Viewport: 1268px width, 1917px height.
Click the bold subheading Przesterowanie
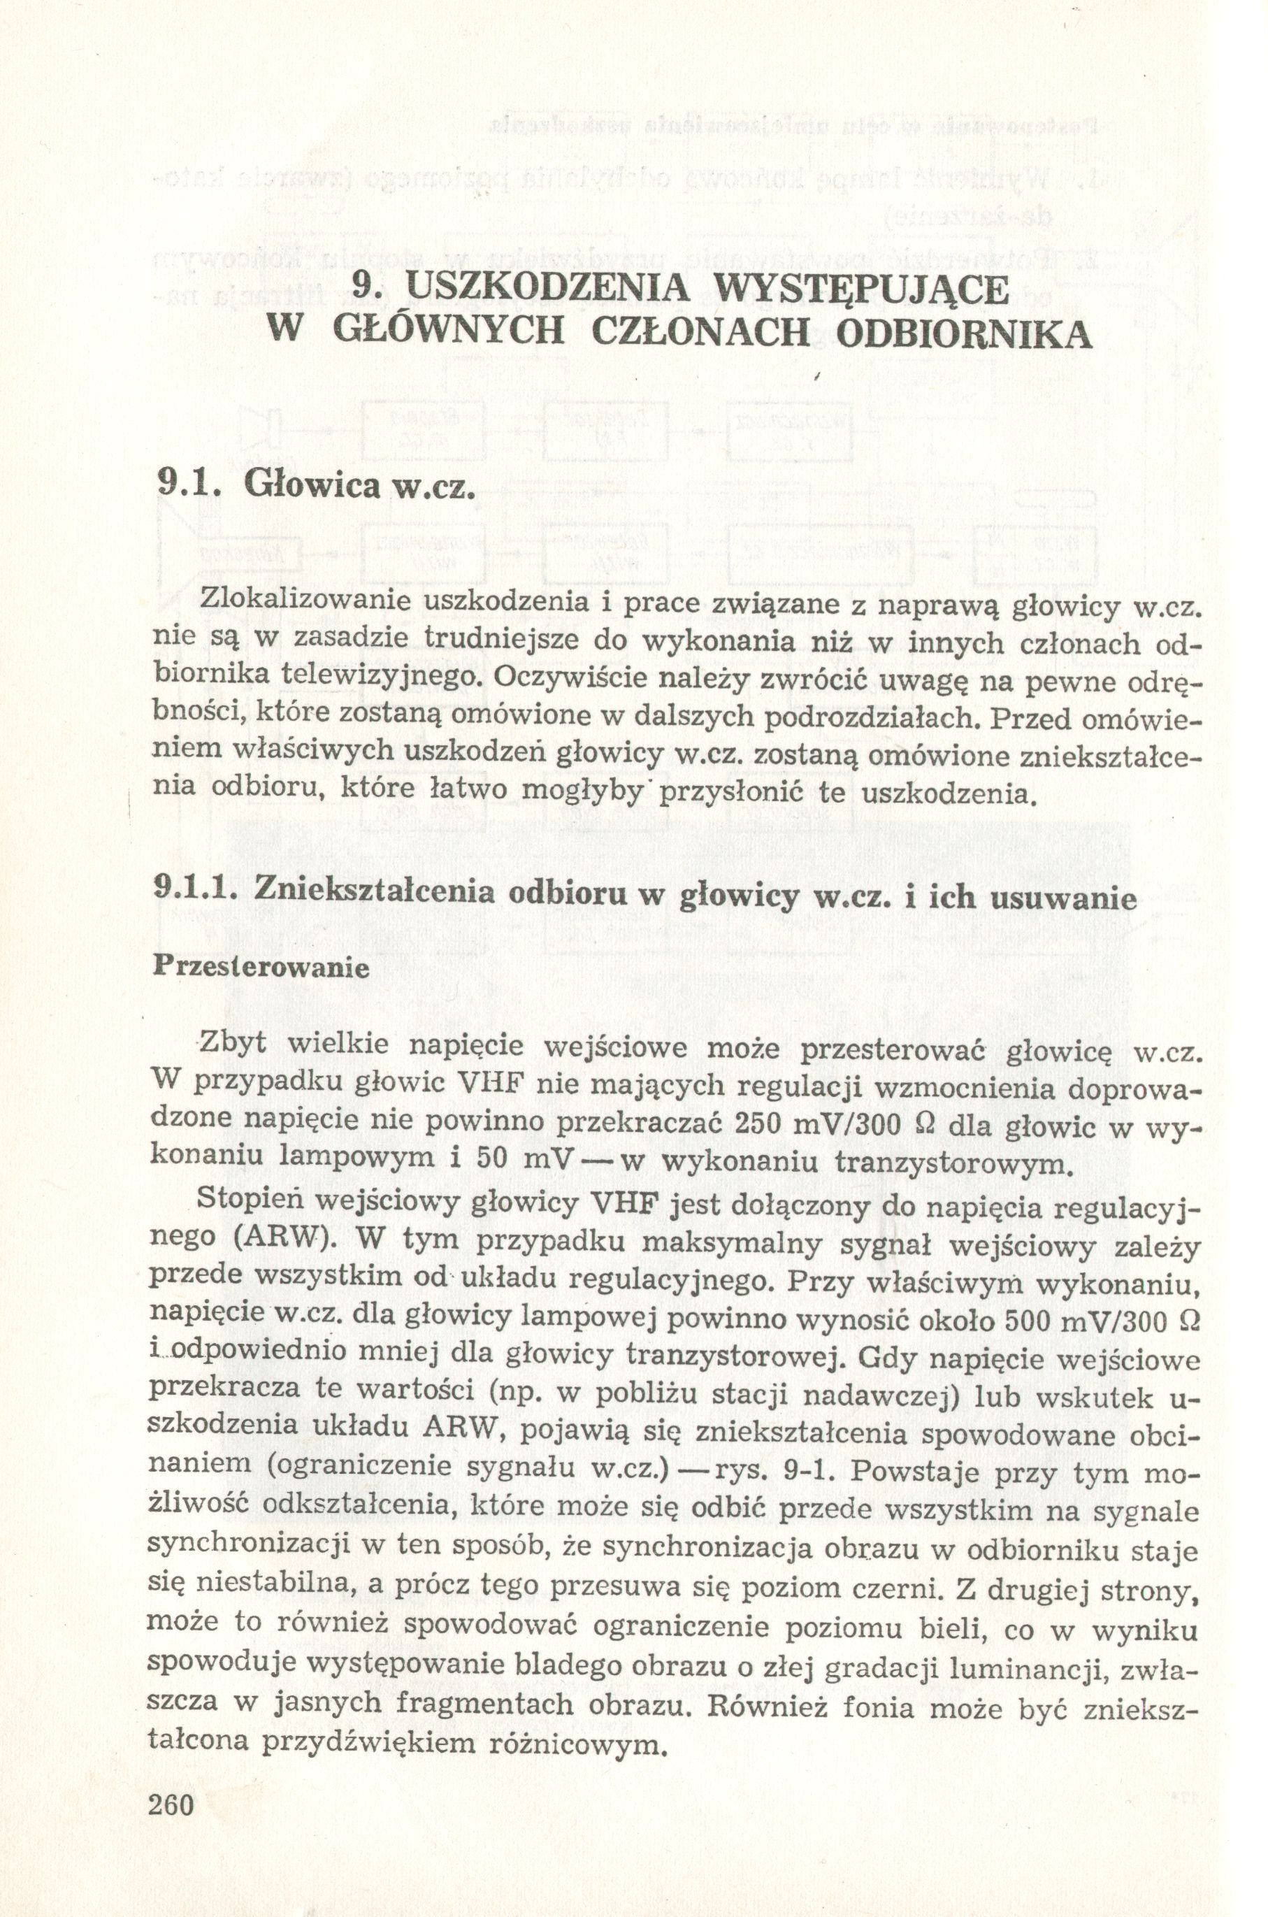pyautogui.click(x=261, y=968)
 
